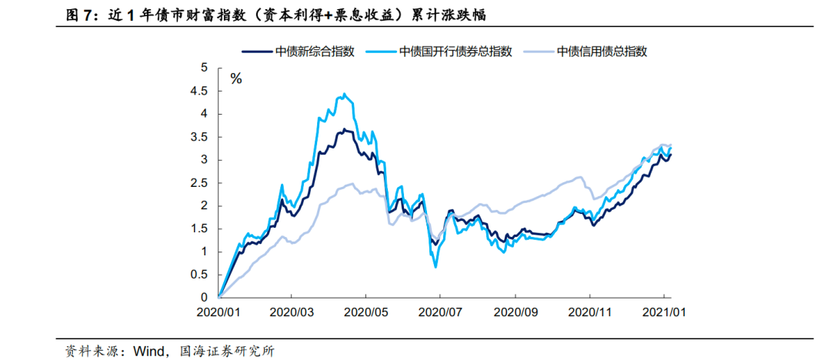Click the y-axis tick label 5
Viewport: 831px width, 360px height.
[204, 68]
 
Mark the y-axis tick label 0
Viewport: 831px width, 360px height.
[204, 297]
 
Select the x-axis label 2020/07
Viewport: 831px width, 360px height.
[440, 313]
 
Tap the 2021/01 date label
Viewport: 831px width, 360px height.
[665, 313]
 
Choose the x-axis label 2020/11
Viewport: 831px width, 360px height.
[590, 313]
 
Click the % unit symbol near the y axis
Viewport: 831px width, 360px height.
[236, 78]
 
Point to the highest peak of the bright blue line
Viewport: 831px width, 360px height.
[343, 95]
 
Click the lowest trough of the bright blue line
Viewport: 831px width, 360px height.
[436, 266]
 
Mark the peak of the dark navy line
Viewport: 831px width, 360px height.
[343, 129]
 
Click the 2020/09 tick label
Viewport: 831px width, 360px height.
[515, 313]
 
